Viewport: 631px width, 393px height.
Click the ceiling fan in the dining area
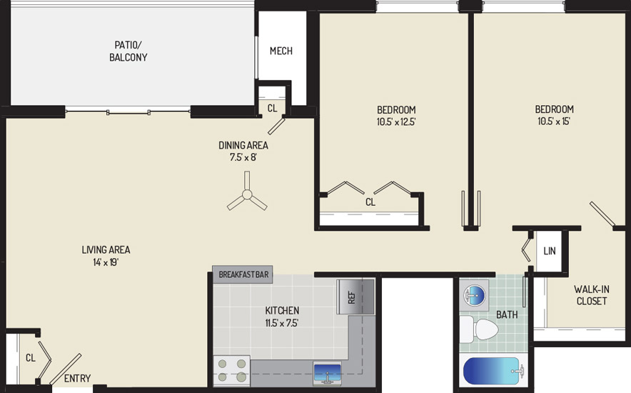247,195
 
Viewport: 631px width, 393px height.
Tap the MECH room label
281,51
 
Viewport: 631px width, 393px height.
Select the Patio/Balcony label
128,51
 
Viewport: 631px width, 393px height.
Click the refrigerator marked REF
355,297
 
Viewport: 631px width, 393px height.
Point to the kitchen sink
327,373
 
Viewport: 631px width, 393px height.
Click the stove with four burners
231,370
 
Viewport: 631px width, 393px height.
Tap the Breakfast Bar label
243,274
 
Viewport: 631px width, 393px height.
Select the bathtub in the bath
493,372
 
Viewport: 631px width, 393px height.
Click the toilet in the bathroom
479,329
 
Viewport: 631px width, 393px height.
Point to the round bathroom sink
475,296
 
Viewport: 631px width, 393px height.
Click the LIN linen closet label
550,251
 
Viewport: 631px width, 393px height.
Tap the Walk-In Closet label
591,294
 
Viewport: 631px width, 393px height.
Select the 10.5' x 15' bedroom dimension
554,121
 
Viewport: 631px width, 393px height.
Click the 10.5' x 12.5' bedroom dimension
396,121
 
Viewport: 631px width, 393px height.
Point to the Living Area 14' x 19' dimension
106,262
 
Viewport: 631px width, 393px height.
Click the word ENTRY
77,379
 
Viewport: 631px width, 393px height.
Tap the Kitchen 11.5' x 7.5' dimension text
282,323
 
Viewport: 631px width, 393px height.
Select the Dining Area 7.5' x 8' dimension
243,157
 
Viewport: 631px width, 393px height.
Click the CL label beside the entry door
31,357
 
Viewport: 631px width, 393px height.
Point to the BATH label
507,314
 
